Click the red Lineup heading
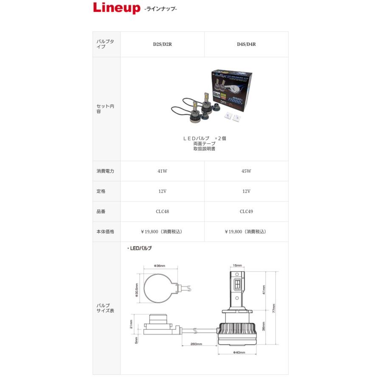116,8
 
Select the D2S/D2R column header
162,44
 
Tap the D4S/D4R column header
246,44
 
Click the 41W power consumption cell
162,171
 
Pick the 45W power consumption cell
246,171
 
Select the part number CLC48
162,211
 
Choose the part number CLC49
246,211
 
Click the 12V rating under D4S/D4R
246,191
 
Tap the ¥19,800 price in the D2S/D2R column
162,232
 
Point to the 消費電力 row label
105,171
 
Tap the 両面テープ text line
204,144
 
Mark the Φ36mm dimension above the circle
160,266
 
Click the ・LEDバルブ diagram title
140,248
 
